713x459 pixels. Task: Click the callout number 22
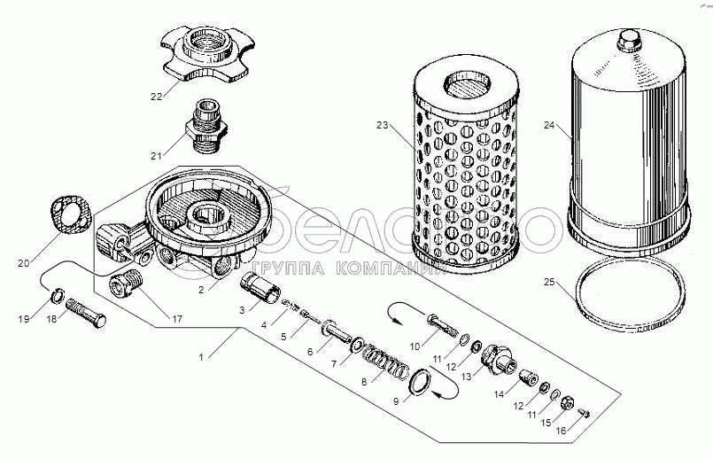156,97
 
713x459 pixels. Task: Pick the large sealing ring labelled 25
630,300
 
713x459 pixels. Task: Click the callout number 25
550,283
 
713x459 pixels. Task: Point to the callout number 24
550,126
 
